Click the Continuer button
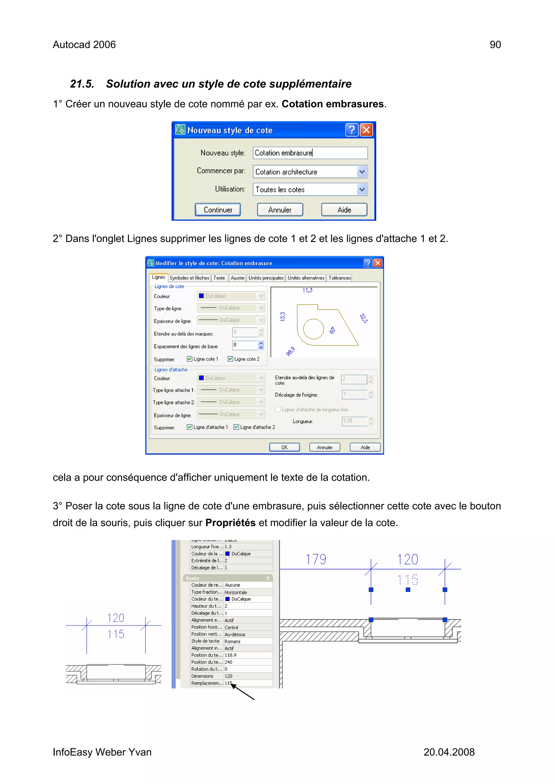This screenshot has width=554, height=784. click(x=218, y=210)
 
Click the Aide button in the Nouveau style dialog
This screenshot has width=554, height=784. click(x=344, y=210)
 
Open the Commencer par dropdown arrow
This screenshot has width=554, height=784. click(x=362, y=172)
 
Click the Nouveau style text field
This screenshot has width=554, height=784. click(x=310, y=153)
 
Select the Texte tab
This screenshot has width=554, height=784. click(x=219, y=278)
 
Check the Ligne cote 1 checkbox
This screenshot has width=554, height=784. click(x=189, y=359)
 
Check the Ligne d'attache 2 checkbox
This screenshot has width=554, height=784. click(x=236, y=427)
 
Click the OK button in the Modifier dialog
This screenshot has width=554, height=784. click(x=284, y=447)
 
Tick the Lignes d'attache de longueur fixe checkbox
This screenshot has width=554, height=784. click(x=278, y=409)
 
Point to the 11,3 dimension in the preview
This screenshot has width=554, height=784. click(x=307, y=290)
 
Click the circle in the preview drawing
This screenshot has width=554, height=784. click(x=313, y=329)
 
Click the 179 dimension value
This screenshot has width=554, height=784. click(x=316, y=559)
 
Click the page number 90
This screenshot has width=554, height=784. click(x=495, y=45)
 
